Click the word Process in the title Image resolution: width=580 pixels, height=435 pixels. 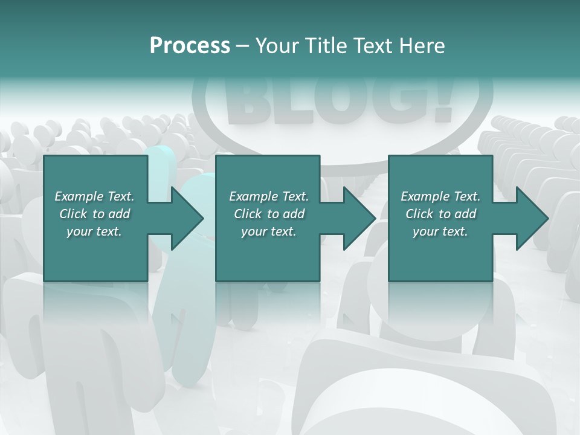(190, 46)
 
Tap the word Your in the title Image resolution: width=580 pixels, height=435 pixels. (277, 46)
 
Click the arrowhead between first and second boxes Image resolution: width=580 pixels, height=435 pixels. (187, 218)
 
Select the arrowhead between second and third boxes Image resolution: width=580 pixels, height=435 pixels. (359, 218)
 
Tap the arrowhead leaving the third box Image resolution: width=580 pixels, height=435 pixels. (532, 218)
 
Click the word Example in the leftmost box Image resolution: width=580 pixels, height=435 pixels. (79, 196)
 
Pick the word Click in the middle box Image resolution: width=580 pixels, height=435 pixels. (248, 214)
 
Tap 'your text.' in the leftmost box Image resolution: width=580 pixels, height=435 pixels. (94, 231)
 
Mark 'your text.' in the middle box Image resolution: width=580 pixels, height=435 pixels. (268, 231)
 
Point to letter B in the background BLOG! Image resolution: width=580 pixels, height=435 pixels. (248, 100)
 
